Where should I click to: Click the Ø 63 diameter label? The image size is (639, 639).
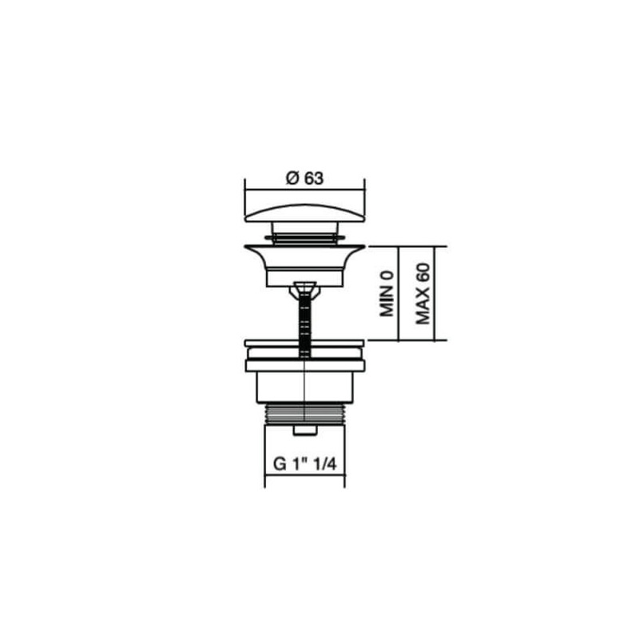(x=304, y=180)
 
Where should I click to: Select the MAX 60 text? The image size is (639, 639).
(x=423, y=293)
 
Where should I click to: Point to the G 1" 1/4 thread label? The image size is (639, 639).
(x=304, y=464)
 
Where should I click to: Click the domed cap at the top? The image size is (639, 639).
(x=304, y=213)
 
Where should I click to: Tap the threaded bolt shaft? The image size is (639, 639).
(x=304, y=323)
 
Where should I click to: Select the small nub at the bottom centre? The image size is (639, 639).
(x=304, y=431)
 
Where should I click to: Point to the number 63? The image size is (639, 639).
(x=313, y=180)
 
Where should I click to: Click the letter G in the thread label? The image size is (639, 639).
(x=280, y=464)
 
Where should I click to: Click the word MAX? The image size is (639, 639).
(x=423, y=307)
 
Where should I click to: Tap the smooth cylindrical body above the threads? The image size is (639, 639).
(x=304, y=387)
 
